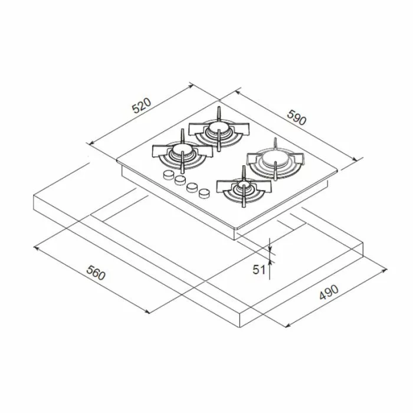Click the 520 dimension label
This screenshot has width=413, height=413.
142,106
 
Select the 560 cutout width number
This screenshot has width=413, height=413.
95,272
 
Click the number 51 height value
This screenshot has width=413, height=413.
258,270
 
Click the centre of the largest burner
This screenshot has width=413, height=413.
274,158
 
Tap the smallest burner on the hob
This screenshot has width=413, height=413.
242,188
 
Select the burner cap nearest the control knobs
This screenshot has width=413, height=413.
181,155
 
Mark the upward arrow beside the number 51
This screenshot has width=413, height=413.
270,263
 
